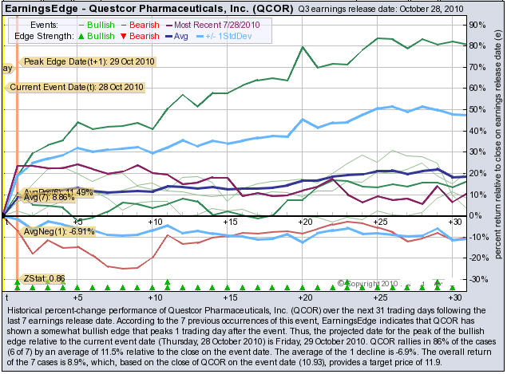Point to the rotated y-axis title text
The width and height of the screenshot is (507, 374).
[x=497, y=152]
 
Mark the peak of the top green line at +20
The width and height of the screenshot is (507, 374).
[x=303, y=47]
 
